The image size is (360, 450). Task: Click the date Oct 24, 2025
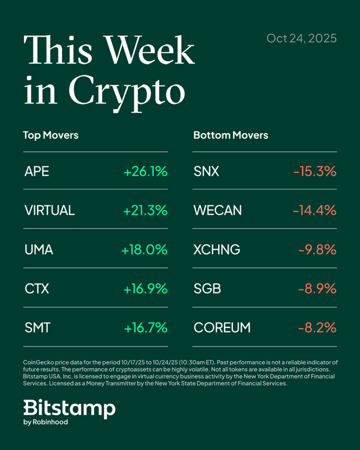301,38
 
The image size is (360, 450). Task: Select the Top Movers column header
51,136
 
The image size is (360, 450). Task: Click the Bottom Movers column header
231,136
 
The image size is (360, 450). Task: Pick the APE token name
37,172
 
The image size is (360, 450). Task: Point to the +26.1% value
145,172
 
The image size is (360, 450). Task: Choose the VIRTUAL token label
49,210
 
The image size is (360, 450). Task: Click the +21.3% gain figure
145,210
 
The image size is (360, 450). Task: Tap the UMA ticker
39,250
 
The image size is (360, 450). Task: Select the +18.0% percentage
144,250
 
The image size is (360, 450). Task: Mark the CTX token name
37,289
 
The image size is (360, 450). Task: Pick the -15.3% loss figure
314,172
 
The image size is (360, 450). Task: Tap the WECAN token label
218,210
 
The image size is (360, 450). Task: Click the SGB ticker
207,289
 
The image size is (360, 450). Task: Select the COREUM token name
221,327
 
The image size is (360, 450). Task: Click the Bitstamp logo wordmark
69,409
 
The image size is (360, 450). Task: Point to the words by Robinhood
46,422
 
